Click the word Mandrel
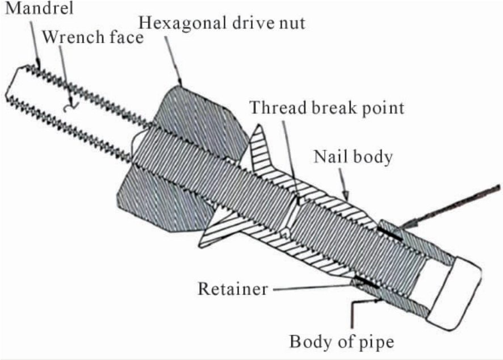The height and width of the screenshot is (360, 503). [39, 8]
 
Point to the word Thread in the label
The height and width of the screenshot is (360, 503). [278, 107]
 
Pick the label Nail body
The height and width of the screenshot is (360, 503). [353, 157]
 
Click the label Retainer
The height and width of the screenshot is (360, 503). [233, 289]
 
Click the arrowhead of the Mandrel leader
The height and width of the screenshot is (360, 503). [38, 62]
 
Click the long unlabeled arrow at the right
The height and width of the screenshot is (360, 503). [449, 208]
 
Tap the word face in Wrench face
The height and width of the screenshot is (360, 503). [124, 37]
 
